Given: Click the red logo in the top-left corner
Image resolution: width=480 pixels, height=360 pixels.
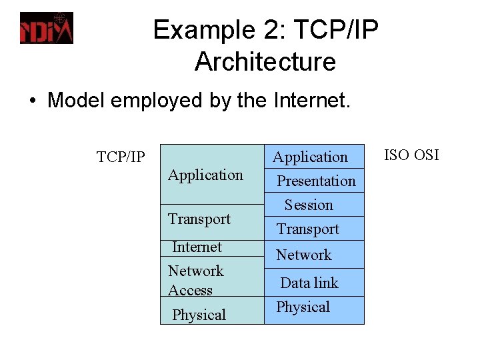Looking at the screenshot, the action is tap(46, 28).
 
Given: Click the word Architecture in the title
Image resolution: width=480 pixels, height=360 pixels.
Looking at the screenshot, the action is tap(265, 62).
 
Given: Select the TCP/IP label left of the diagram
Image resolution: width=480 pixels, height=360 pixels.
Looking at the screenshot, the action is tap(120, 157).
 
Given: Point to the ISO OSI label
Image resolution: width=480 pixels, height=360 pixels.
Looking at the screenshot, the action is tap(411, 155).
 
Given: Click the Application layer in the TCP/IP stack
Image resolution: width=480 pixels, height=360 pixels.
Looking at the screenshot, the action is tap(205, 175).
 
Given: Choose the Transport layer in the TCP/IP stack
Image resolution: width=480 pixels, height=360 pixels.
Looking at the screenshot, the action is tap(199, 219).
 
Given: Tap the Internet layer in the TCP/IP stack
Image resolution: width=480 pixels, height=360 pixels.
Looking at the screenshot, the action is tap(197, 247).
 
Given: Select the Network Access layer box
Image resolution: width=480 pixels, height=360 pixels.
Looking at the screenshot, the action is tap(196, 280).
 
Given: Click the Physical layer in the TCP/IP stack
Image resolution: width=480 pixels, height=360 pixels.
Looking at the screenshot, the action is tap(199, 315).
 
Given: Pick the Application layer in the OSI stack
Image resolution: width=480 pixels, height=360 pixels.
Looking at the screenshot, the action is tap(311, 157).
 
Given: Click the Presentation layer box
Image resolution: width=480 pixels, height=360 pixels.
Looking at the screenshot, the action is tap(316, 181).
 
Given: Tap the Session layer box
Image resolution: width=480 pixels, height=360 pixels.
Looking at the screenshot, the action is tap(309, 205).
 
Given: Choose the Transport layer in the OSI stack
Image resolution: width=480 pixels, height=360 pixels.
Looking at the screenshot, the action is tap(308, 229).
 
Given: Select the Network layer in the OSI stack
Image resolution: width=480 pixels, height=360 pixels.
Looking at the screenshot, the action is tap(304, 255).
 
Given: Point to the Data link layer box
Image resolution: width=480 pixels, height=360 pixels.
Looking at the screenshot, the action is tap(309, 283).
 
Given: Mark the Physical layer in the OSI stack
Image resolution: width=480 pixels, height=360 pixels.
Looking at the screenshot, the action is tap(303, 307).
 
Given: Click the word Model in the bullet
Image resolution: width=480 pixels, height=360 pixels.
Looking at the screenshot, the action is tap(73, 101).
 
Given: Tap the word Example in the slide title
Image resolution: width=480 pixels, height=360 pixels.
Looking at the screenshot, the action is tap(200, 30).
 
